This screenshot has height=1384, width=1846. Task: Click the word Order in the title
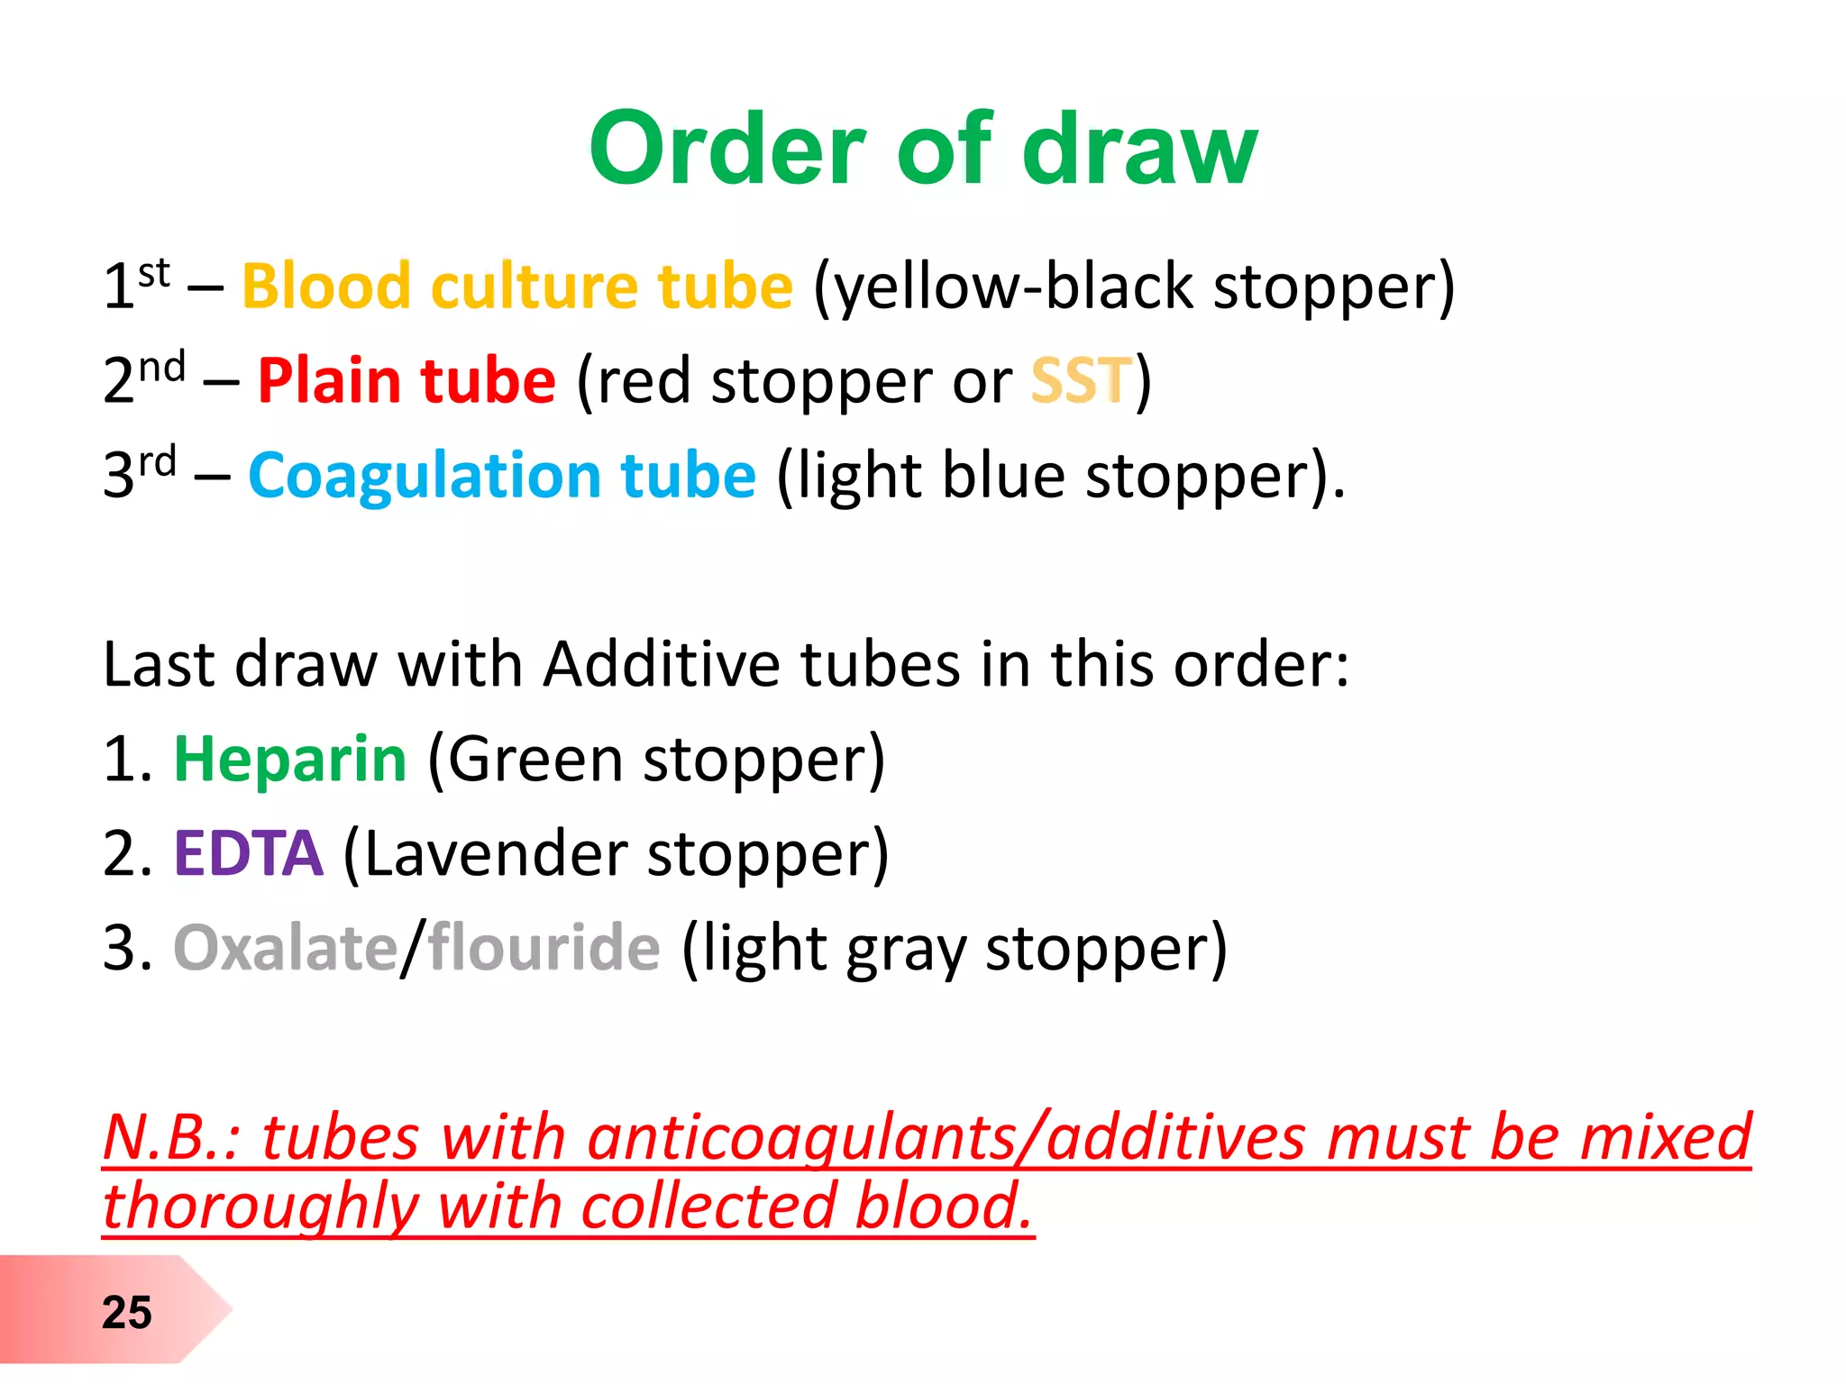(727, 150)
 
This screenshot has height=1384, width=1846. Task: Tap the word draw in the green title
(1139, 150)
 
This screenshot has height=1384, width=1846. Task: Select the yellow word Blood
(326, 287)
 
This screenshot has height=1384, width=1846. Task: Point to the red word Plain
(329, 380)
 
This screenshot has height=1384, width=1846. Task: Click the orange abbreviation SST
(1081, 380)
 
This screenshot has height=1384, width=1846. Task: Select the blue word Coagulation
(425, 476)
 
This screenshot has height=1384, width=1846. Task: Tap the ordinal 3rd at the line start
(140, 473)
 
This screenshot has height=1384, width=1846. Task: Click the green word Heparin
(290, 760)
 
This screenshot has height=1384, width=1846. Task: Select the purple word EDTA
(248, 853)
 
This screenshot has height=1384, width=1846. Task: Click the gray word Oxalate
(285, 948)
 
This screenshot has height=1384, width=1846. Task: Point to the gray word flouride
(544, 948)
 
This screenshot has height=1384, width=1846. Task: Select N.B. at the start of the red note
(171, 1137)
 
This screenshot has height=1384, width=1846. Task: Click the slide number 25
(126, 1312)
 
